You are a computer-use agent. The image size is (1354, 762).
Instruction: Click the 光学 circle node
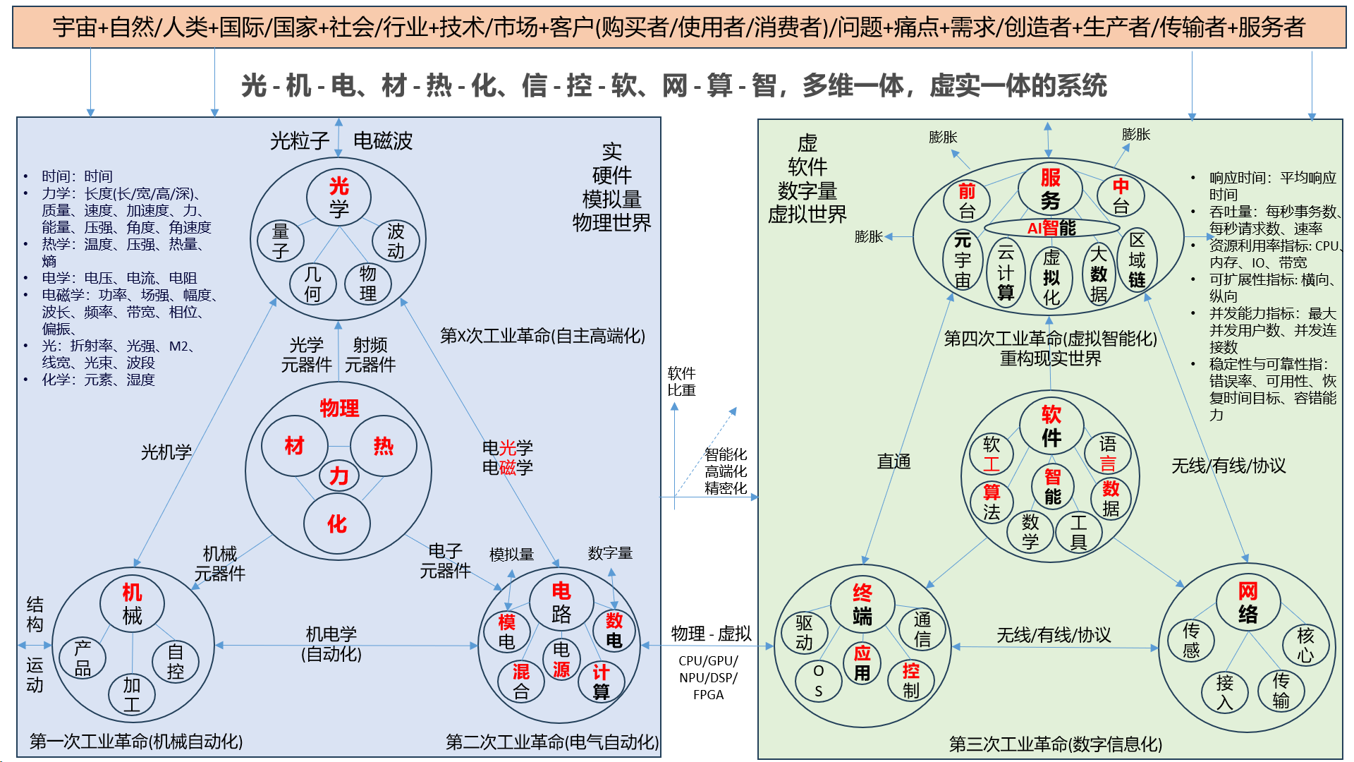(338, 198)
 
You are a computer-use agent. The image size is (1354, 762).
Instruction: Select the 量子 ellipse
(281, 241)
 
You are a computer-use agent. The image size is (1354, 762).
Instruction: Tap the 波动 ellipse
(396, 241)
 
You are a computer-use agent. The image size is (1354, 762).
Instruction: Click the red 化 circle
(337, 524)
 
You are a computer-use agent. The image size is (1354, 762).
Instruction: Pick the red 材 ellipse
(294, 446)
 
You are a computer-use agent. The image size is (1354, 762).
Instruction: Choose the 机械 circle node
(132, 603)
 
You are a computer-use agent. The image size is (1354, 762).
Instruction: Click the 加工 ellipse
(132, 694)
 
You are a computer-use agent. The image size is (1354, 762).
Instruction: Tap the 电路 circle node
(561, 603)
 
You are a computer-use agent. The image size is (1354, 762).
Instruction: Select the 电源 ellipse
(561, 659)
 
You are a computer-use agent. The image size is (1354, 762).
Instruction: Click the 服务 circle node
(1050, 189)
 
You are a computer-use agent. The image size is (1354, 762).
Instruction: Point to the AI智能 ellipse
(1051, 228)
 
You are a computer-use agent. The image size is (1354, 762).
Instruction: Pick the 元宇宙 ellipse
(963, 260)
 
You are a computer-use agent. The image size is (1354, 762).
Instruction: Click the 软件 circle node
(1051, 426)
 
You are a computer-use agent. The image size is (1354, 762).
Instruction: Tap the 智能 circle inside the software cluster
(1052, 487)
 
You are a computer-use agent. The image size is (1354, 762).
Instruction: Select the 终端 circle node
(862, 605)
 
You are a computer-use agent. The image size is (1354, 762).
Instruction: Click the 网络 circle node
(1248, 603)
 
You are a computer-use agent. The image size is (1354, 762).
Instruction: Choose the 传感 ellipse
(1191, 640)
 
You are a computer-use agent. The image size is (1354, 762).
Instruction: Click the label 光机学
(166, 452)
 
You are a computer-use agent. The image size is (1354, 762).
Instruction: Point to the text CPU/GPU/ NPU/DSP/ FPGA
(708, 677)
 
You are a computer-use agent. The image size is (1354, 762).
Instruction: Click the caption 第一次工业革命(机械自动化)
(136, 742)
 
